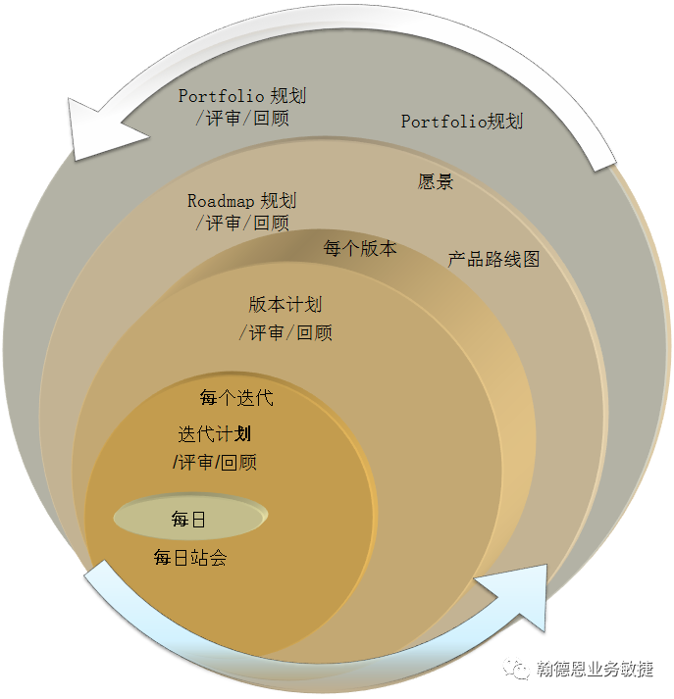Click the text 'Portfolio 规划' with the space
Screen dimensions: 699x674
[x=241, y=96]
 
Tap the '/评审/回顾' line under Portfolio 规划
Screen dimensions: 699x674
[x=241, y=119]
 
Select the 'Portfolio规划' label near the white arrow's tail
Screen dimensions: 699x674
[x=462, y=122]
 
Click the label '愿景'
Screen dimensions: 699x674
[x=436, y=182]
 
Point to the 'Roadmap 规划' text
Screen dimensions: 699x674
[x=241, y=201]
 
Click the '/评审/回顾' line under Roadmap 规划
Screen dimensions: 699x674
[x=241, y=224]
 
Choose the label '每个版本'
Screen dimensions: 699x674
[x=360, y=248]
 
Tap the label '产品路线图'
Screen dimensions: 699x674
[x=493, y=260]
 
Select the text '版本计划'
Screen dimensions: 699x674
[x=285, y=305]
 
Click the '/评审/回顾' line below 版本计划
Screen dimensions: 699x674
[x=285, y=333]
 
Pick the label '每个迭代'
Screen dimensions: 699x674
[x=236, y=398]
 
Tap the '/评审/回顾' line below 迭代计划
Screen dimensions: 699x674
[x=215, y=462]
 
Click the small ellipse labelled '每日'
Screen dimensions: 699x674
[x=189, y=519]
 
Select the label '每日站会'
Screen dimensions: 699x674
[x=190, y=559]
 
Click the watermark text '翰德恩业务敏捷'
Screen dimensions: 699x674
[x=595, y=670]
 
